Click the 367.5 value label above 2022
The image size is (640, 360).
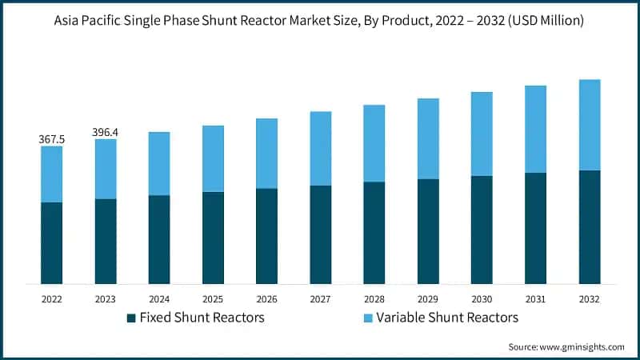click(52, 140)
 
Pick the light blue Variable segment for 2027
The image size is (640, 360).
click(321, 149)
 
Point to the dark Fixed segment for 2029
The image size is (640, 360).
click(429, 231)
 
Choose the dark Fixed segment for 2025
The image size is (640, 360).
click(214, 238)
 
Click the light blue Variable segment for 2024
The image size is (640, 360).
click(159, 164)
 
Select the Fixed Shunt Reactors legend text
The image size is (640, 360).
click(202, 318)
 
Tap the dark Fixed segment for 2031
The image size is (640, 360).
click(536, 228)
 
